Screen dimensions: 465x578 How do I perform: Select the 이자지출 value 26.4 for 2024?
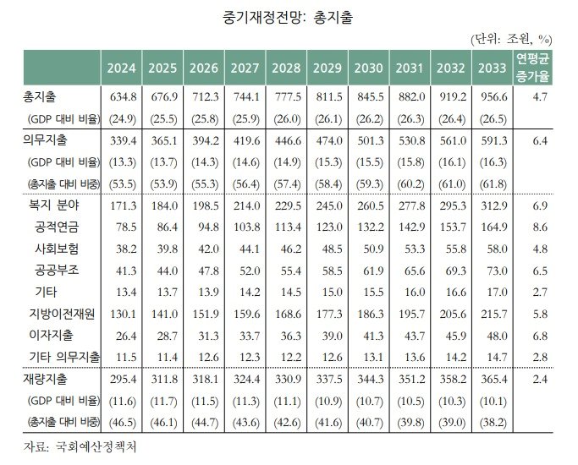click(x=124, y=335)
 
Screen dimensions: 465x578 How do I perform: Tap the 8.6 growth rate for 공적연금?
click(x=539, y=227)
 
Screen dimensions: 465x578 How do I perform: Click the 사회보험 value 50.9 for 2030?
click(x=369, y=249)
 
